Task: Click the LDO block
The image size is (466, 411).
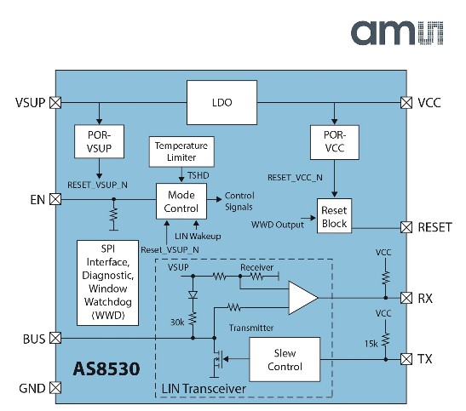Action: coord(221,102)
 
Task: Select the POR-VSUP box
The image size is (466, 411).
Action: coord(99,141)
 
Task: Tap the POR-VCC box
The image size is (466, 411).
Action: coord(335,142)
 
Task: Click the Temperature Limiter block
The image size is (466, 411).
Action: coord(181,151)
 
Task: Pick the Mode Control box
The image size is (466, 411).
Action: coord(181,201)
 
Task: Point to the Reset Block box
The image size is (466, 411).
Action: coord(334,216)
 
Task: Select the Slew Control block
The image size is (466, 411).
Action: coord(285,359)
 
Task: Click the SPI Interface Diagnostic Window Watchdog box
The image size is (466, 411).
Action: coord(107,283)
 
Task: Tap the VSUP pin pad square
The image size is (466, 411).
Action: coord(55,103)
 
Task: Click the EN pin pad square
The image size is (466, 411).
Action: coord(55,199)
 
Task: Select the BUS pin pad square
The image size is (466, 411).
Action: coord(55,338)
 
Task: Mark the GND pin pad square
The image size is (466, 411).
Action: coord(55,387)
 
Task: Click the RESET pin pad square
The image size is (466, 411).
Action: coord(406,227)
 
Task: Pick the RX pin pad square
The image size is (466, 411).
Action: coord(406,298)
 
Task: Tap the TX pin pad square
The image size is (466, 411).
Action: coord(406,359)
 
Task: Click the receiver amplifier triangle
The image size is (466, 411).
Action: coord(302,298)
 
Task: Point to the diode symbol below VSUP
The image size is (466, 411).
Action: coord(193,294)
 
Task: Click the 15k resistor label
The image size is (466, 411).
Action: coord(371,344)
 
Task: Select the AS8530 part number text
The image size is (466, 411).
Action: coord(106,368)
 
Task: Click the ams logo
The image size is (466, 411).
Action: coord(397,33)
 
